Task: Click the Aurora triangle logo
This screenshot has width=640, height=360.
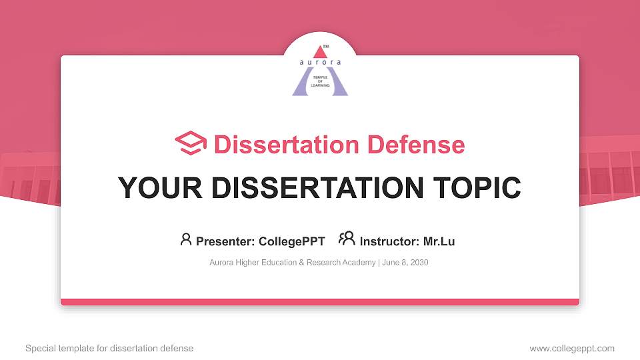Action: [x=320, y=71]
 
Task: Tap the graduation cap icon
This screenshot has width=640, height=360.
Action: [x=191, y=144]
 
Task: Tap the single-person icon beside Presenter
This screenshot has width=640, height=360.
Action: [x=186, y=239]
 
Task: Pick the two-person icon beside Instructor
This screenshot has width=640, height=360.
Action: [x=347, y=239]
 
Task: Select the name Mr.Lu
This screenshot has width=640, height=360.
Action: [x=439, y=241]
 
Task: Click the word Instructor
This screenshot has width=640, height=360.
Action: [x=389, y=241]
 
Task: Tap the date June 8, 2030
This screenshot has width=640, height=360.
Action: [x=405, y=263]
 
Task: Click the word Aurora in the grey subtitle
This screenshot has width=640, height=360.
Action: [x=221, y=263]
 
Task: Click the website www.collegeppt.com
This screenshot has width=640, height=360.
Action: [x=572, y=348]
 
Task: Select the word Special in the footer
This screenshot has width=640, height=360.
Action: [x=40, y=348]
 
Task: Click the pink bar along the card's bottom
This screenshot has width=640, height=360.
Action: [x=320, y=302]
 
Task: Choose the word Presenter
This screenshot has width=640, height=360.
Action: [x=220, y=241]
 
